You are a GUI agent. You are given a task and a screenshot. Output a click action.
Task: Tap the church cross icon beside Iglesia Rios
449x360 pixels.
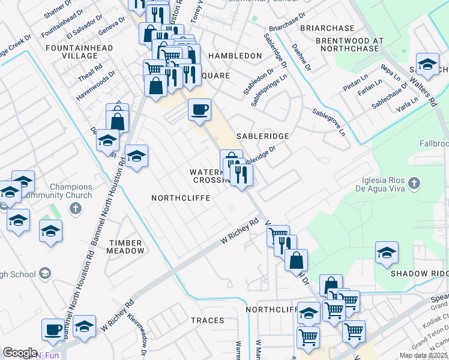point(413,182)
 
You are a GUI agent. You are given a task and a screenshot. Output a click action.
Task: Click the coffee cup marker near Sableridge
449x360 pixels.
point(199,110)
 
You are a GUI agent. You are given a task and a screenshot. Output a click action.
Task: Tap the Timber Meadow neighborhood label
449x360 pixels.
point(125,247)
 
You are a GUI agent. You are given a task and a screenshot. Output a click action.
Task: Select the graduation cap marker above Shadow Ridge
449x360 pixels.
point(387,253)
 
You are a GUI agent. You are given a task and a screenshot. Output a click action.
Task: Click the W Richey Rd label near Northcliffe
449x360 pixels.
point(238,231)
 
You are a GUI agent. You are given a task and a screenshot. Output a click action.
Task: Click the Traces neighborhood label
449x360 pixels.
point(208,320)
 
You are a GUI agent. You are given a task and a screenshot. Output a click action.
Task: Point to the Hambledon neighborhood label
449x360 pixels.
point(235,56)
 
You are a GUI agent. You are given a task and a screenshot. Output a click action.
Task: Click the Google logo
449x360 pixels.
point(19,353)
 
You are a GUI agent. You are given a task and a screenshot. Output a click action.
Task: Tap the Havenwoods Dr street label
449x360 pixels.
point(95,85)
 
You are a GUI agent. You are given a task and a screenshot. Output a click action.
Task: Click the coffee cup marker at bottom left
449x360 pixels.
point(53,328)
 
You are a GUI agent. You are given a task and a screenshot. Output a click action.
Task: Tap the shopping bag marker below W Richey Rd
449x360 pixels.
point(296,260)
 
